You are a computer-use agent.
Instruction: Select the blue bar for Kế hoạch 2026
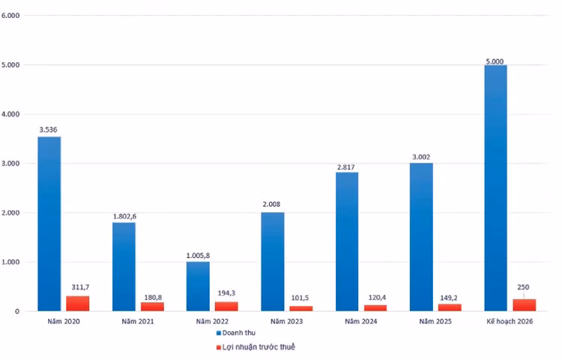(495, 187)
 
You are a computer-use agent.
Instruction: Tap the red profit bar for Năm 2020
(77, 303)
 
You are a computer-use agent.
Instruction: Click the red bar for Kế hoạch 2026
(524, 304)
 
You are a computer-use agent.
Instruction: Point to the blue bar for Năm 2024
(347, 241)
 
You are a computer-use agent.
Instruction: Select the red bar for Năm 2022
(226, 306)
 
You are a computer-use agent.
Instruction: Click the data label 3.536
(48, 130)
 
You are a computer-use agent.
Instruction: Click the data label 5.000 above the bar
(495, 58)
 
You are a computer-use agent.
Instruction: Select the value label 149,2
(450, 296)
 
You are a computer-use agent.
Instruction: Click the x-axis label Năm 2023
(288, 321)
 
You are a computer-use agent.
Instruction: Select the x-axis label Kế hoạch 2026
(510, 321)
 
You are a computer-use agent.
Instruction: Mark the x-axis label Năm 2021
(139, 321)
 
